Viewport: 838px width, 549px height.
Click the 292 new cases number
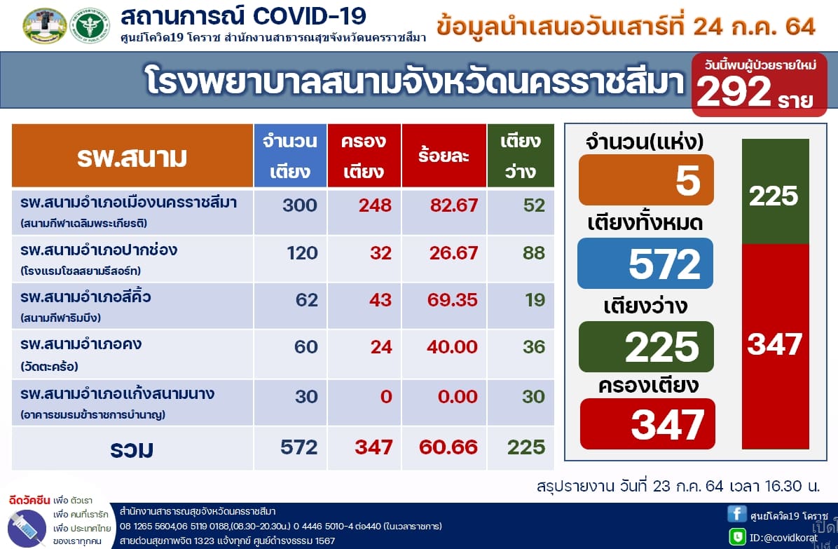tap(734, 91)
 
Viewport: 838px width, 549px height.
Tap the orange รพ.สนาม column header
tap(132, 156)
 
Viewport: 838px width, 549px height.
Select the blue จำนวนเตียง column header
tap(290, 156)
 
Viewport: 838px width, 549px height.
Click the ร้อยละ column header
tap(444, 156)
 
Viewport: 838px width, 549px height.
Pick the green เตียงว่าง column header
tap(521, 156)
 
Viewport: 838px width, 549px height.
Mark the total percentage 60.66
tap(448, 447)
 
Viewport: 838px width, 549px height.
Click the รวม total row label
tap(132, 449)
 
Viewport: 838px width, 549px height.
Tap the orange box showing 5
tap(646, 179)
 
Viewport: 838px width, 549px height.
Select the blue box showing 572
tap(645, 263)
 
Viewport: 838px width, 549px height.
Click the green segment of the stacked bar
tap(776, 191)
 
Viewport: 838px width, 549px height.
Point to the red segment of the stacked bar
tap(776, 346)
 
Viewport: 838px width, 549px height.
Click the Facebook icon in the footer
tap(736, 514)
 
